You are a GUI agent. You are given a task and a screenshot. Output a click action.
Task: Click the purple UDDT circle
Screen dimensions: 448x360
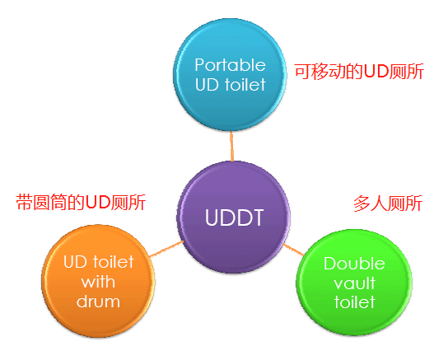tap(233, 217)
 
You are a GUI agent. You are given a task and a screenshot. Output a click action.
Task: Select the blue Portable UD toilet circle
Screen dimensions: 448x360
tap(230, 75)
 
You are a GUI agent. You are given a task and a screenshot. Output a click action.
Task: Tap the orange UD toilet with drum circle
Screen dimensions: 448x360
tap(98, 281)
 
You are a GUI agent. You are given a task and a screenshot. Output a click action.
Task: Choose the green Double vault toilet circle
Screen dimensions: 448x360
tap(354, 283)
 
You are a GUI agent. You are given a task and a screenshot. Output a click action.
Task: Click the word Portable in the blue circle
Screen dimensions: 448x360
tap(230, 65)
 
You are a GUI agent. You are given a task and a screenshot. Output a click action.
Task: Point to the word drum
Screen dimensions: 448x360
tap(98, 302)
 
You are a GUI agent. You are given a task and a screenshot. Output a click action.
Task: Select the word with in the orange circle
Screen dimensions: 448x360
tap(98, 282)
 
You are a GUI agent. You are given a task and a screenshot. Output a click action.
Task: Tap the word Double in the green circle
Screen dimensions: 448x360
tap(354, 264)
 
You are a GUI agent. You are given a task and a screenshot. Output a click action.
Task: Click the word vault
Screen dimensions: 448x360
tap(354, 283)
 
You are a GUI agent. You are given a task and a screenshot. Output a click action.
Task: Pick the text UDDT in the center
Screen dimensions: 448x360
tap(234, 217)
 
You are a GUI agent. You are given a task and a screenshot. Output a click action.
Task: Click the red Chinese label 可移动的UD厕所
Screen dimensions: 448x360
tap(359, 72)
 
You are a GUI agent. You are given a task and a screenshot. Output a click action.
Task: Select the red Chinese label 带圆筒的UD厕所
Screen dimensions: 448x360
tap(81, 203)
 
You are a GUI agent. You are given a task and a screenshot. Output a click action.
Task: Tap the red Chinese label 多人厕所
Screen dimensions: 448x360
tap(388, 203)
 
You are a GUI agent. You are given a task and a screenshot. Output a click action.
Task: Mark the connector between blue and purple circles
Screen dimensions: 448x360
tap(231, 146)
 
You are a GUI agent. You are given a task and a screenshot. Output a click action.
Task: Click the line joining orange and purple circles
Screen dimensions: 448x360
tap(166, 249)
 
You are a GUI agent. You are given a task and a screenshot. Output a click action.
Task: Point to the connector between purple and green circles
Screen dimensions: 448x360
tap(293, 250)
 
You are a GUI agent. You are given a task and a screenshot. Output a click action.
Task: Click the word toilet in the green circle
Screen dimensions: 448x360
tap(354, 302)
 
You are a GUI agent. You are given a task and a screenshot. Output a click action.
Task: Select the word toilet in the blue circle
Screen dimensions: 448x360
tap(245, 85)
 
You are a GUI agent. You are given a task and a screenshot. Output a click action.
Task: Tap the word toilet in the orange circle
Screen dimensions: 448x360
tap(114, 262)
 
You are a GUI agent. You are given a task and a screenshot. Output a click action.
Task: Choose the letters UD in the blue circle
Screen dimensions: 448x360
tap(208, 85)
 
